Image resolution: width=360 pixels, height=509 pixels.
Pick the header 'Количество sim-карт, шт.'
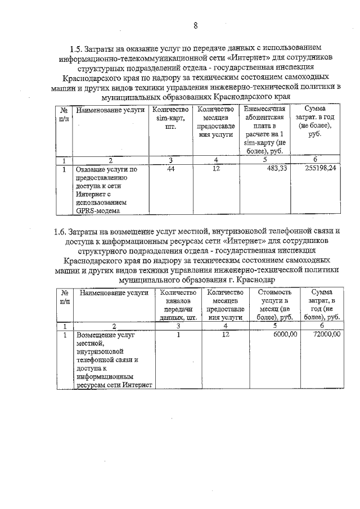[169, 118]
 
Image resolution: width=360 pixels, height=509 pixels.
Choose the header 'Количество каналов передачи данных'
[177, 304]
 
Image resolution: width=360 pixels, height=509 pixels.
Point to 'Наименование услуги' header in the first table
[110, 109]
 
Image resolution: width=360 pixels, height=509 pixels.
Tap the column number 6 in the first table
[316, 159]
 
